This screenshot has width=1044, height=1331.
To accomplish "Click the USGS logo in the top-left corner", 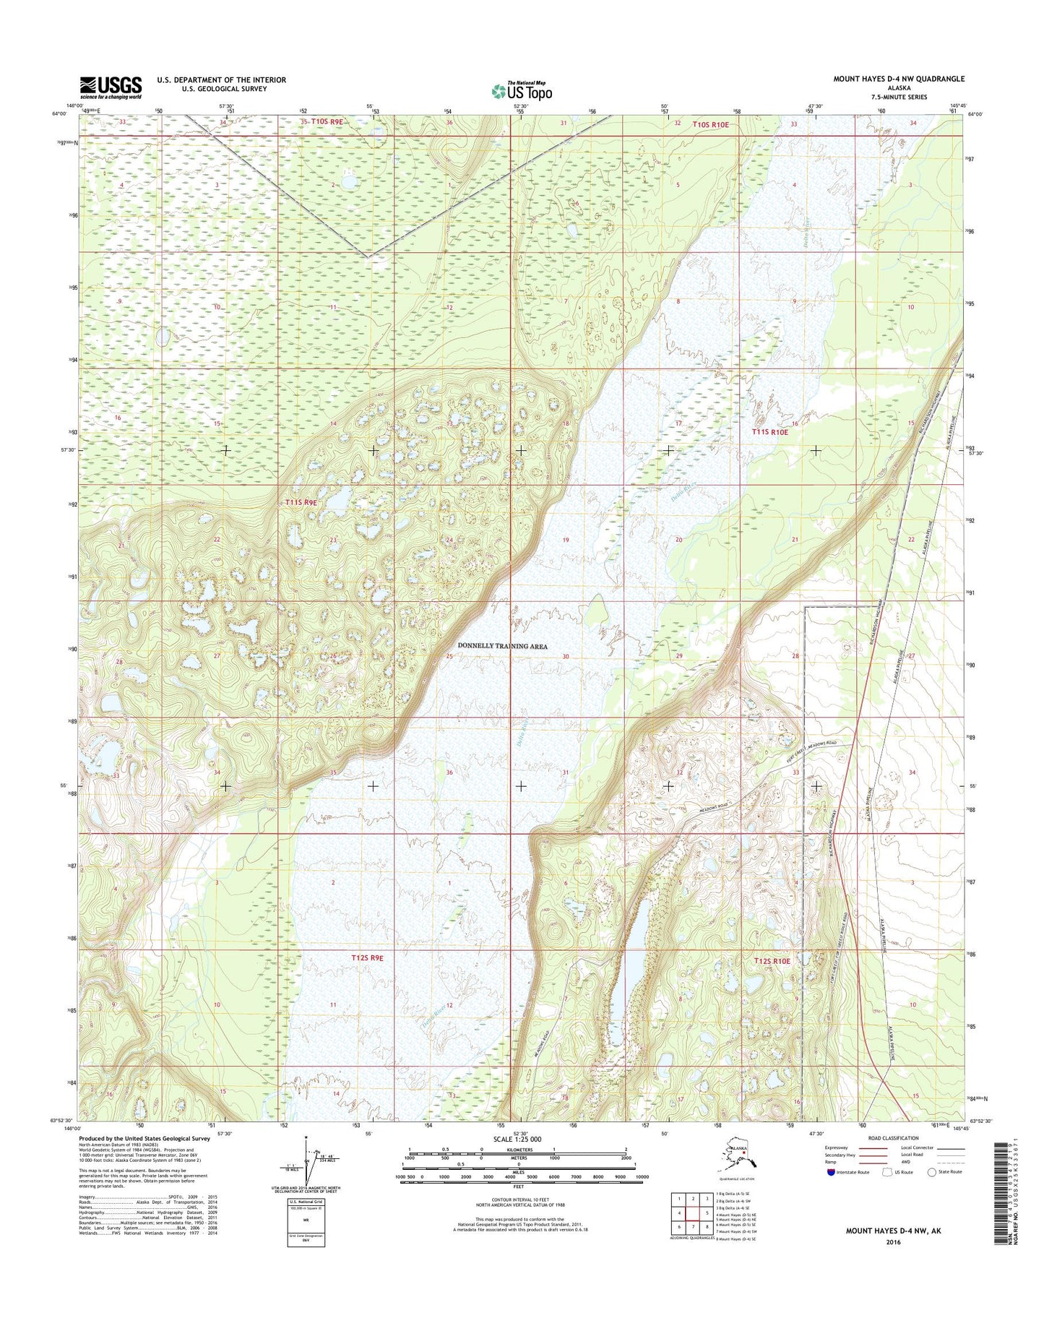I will point(111,87).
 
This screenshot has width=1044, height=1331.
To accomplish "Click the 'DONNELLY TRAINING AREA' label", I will point(502,646).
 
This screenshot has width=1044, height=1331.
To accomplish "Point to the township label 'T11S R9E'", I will point(301,501).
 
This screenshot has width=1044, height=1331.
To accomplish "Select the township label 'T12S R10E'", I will point(772,961).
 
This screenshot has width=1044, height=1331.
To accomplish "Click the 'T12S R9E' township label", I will point(367,957).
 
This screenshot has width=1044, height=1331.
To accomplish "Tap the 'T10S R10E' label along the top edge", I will point(711,125).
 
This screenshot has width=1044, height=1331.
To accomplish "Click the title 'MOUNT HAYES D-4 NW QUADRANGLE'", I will point(898,79).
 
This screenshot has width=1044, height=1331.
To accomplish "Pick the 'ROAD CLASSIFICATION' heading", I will point(891,1138).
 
